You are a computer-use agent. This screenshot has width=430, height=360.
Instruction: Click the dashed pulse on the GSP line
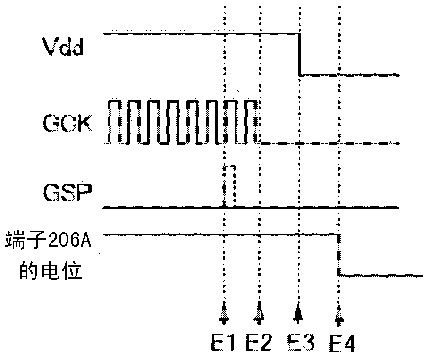click(x=229, y=186)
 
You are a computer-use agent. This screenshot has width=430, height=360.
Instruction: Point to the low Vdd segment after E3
click(x=349, y=75)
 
